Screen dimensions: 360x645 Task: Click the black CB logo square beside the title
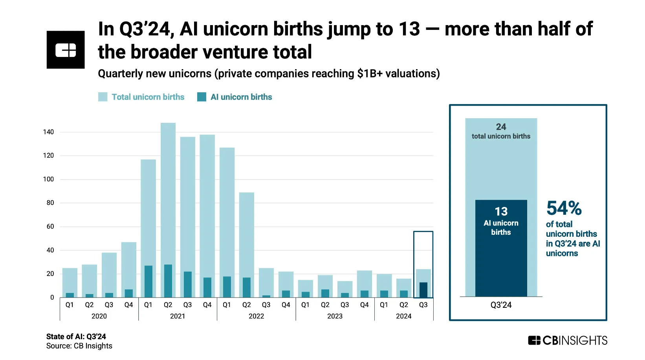click(66, 50)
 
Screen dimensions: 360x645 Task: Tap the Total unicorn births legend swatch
click(103, 97)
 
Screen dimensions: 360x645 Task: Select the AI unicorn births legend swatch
click(202, 97)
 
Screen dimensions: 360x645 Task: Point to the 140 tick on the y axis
click(48, 132)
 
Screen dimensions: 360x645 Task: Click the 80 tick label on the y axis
click(50, 203)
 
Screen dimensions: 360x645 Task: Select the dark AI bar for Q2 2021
click(168, 281)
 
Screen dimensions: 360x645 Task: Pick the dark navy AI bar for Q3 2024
click(423, 290)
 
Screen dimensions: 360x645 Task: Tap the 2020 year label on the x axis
click(99, 316)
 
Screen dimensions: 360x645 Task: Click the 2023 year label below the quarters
click(335, 316)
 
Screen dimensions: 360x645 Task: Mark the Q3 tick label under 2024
click(423, 305)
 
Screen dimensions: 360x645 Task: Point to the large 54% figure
click(564, 208)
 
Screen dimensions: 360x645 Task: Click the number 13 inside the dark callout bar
click(501, 212)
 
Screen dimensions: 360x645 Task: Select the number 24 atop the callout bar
click(501, 127)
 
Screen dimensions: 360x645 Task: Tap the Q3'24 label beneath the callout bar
click(501, 305)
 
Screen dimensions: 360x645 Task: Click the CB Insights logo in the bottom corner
click(568, 340)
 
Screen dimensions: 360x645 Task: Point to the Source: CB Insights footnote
click(79, 346)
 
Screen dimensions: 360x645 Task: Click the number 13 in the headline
click(409, 29)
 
